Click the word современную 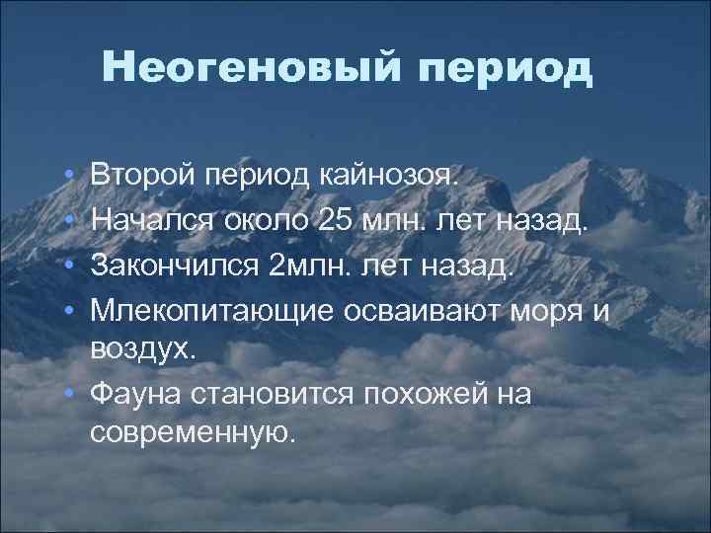[192, 433]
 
